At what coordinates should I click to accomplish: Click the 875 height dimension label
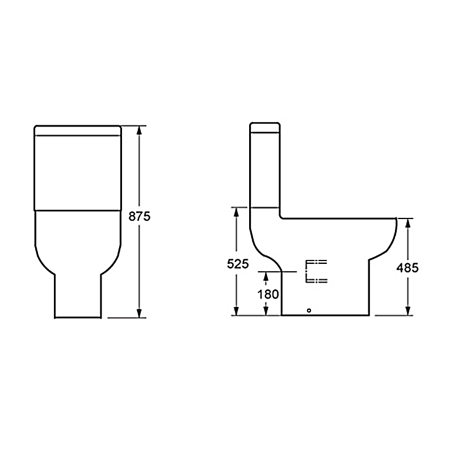point(140,216)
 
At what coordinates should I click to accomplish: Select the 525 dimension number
point(238,264)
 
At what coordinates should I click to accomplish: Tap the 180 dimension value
point(268,295)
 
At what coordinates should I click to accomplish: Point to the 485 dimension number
point(407,268)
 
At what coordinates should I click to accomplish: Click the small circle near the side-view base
point(309,310)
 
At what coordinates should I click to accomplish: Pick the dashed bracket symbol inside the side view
point(316,271)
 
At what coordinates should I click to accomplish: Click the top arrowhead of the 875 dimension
point(139,130)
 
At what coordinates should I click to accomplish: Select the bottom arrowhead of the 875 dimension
point(139,313)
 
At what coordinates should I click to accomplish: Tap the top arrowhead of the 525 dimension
point(236,212)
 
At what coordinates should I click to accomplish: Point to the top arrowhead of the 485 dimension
point(407,223)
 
